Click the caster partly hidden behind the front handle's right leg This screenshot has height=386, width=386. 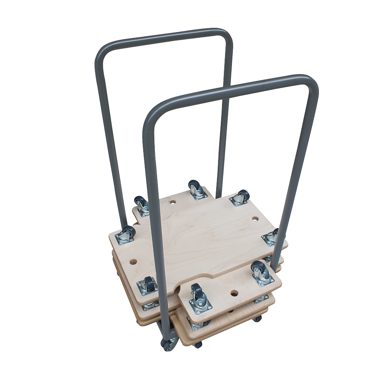(271, 237)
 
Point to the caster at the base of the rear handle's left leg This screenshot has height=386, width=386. (127, 234)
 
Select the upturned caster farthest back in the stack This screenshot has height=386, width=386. (196, 189)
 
